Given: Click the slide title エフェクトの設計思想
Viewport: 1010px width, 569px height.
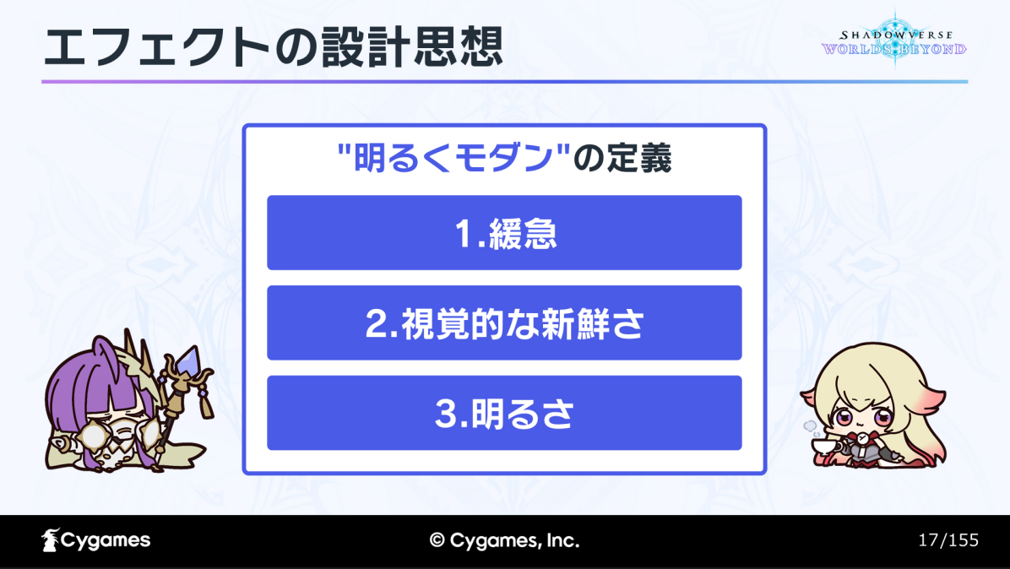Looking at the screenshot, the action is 273,48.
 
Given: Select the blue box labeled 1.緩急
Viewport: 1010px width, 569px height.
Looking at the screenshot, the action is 504,232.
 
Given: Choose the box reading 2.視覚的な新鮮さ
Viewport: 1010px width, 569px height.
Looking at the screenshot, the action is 504,322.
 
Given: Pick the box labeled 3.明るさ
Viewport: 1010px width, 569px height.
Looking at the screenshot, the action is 504,413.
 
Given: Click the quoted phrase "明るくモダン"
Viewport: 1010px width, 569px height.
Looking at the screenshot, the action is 454,158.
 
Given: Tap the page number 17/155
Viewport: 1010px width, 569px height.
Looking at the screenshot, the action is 948,540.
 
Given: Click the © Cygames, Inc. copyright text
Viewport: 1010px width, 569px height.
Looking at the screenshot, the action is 504,540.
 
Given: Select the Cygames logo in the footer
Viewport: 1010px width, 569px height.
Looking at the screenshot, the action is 96,540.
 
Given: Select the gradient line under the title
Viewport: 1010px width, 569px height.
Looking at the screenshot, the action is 504,82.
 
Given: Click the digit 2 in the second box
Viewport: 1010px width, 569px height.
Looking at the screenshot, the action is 376,324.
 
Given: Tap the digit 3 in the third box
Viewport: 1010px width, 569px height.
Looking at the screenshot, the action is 447,414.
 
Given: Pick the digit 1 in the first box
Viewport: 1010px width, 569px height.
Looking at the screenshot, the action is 464,234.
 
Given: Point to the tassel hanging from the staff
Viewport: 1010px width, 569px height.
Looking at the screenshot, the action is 206,404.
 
